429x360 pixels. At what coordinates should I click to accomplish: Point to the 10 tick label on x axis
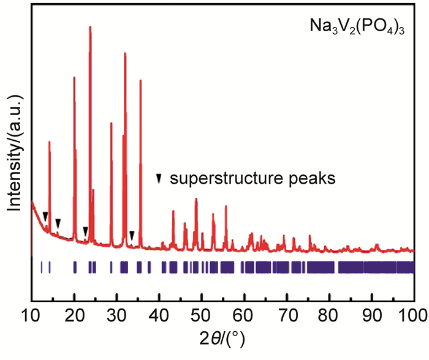click(31, 314)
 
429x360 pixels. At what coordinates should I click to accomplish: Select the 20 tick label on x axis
click(74, 314)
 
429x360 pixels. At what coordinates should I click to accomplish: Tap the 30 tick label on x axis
click(116, 314)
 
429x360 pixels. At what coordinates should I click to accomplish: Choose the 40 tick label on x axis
click(159, 314)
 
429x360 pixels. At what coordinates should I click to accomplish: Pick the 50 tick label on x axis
click(202, 314)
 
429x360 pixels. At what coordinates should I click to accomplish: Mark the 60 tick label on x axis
click(245, 314)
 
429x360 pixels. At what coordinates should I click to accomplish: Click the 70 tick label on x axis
click(287, 314)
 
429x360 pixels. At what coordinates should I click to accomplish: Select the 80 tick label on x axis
click(330, 314)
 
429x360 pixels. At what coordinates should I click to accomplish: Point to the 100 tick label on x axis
click(412, 314)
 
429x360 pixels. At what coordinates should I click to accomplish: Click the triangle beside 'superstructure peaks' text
click(159, 179)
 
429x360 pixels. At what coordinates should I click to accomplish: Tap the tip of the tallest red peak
click(90, 27)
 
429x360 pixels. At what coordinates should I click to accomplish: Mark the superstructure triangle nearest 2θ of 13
click(45, 216)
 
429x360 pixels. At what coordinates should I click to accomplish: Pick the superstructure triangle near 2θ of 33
click(132, 234)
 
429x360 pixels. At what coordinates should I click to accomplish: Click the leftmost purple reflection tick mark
click(41, 267)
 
